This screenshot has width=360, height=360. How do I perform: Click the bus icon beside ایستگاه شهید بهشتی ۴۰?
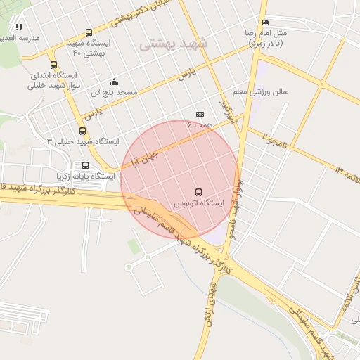89,32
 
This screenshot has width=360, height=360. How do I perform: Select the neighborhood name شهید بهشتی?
174,44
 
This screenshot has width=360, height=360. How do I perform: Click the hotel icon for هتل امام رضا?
265,22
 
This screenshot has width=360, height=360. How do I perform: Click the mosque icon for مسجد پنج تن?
115,82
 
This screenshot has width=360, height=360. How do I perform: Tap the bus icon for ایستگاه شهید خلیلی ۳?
83,131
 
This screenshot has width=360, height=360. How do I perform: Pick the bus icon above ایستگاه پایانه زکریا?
86,166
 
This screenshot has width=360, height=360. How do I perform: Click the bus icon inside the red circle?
198,191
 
